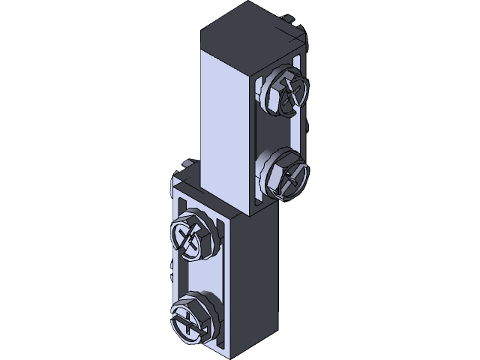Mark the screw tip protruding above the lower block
point(185,163)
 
